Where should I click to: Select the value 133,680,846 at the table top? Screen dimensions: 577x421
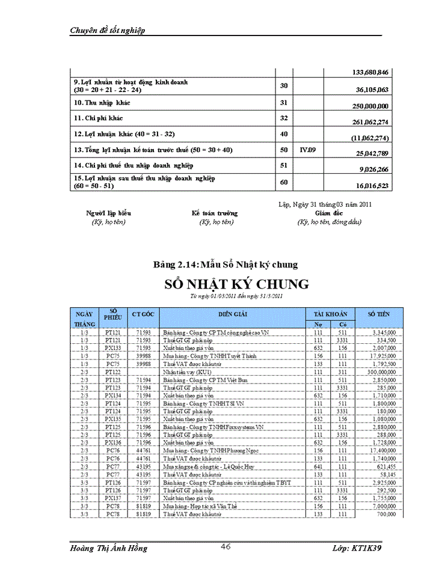pos(370,73)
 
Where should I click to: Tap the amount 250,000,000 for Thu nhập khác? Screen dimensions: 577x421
pos(369,106)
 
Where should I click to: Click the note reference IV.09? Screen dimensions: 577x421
pos(308,148)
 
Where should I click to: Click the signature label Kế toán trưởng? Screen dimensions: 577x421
pos(215,213)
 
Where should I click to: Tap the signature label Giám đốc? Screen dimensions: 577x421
pos(328,213)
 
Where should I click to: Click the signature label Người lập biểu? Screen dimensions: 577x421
pos(109,213)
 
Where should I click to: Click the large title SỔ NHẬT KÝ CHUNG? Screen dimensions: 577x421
pos(236,284)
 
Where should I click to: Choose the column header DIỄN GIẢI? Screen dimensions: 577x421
pos(234,314)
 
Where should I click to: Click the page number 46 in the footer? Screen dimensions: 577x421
pos(226,546)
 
